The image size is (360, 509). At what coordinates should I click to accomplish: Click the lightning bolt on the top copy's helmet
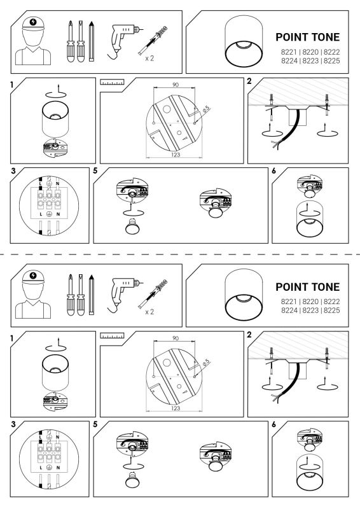coord(33,22)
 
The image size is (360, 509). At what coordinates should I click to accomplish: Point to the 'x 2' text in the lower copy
coord(149,312)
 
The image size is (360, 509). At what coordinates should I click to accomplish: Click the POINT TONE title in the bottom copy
coord(307,287)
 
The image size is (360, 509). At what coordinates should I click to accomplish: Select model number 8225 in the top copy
coord(332,60)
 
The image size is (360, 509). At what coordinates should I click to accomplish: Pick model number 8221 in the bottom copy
coord(289,302)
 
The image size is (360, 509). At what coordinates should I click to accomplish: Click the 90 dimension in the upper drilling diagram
coord(176,85)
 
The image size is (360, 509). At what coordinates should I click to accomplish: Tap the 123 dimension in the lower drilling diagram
coord(176,408)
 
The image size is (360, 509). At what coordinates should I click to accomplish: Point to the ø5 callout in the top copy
coord(206,109)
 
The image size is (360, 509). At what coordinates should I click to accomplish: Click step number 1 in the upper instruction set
coord(12,85)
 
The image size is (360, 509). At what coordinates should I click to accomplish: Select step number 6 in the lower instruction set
coord(273,424)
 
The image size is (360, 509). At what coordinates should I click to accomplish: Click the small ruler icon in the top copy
coord(112,81)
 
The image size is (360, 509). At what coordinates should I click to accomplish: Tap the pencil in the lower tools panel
coord(92,295)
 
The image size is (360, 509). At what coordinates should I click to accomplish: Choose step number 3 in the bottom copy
coord(13,424)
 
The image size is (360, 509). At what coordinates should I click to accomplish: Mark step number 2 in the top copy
coord(249,81)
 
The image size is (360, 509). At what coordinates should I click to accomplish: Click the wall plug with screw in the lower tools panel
coord(153,294)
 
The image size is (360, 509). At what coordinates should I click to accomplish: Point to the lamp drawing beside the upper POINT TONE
coord(244,41)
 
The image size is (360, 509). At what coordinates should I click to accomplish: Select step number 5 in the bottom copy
coord(95,424)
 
